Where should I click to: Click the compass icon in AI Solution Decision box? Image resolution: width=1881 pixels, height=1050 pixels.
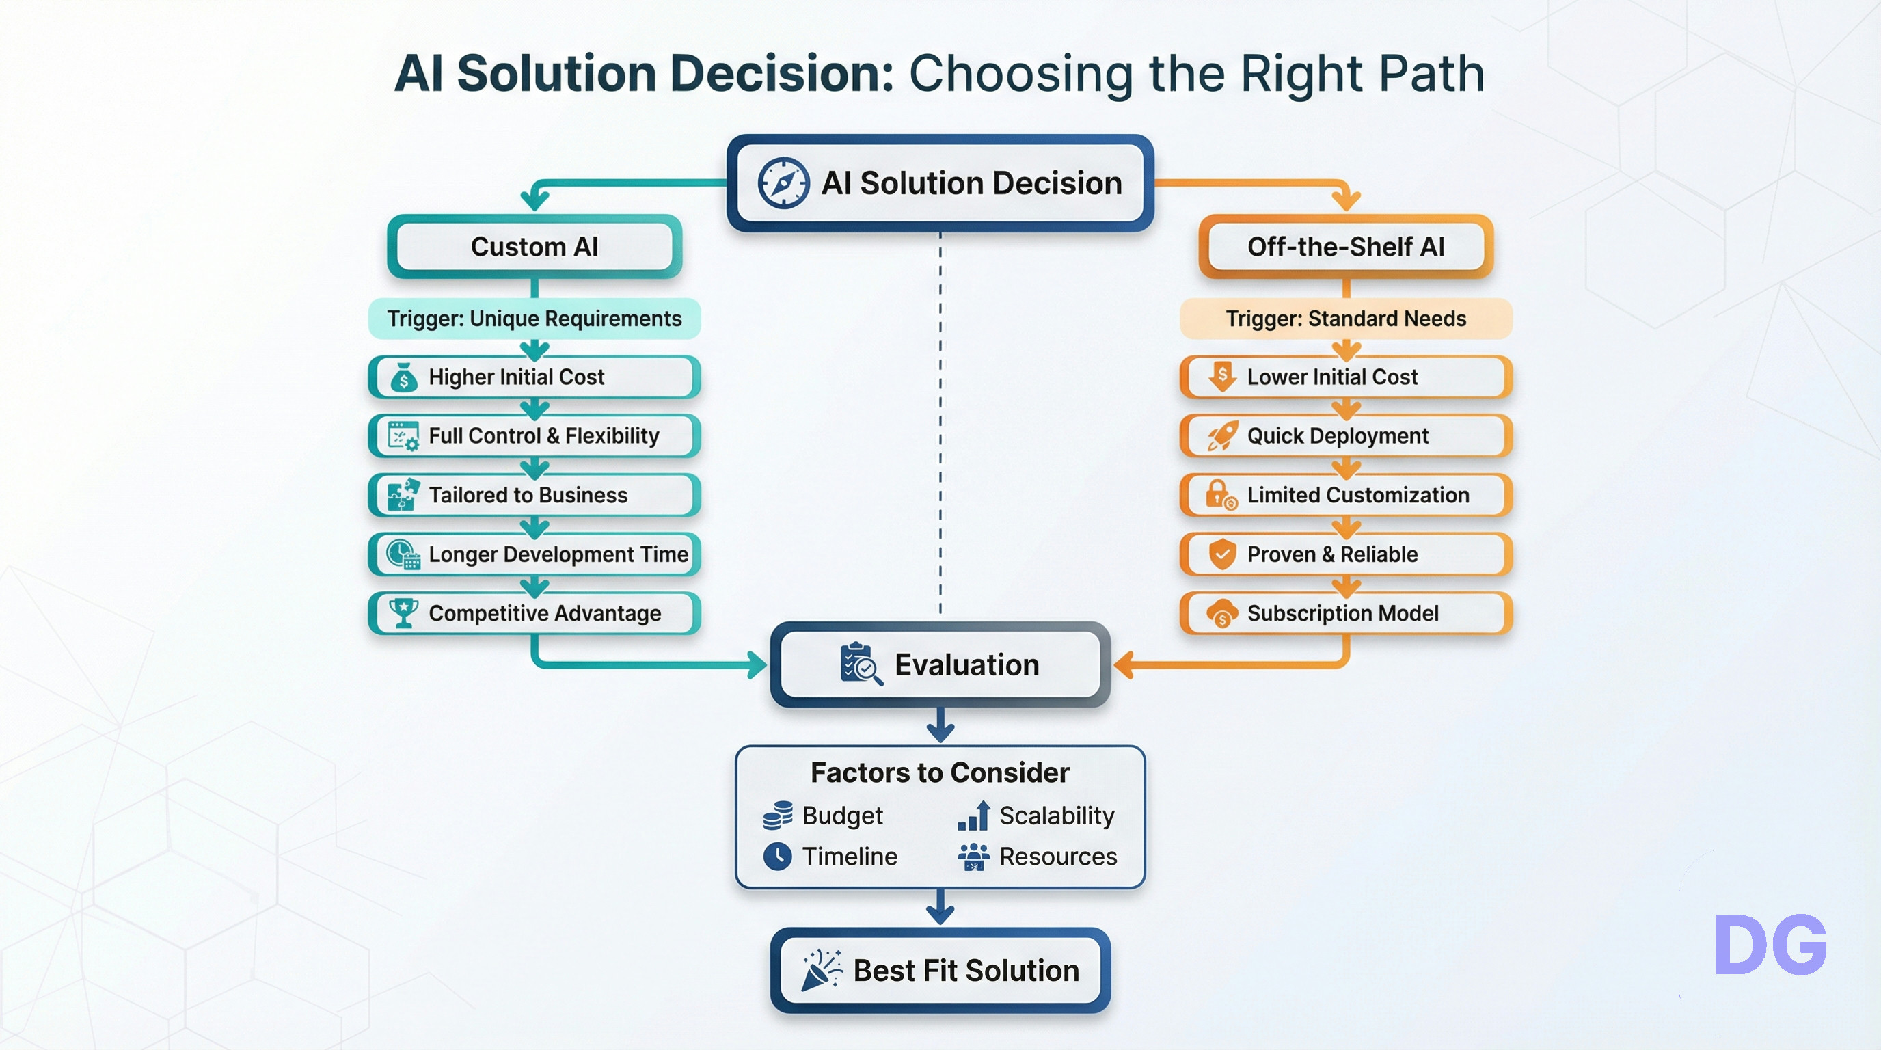pos(783,183)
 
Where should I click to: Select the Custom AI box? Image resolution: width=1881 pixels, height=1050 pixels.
pos(534,247)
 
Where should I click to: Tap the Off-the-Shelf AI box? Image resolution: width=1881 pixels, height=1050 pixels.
pos(1346,247)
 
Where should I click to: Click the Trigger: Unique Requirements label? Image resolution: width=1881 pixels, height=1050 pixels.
pos(534,319)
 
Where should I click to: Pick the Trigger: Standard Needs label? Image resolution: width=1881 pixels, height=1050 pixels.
pos(1346,319)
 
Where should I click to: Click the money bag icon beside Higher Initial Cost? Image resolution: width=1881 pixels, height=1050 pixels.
pos(404,377)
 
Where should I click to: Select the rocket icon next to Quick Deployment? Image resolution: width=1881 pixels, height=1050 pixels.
pos(1222,436)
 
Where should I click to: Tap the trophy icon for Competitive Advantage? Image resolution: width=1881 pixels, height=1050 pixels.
pos(403,612)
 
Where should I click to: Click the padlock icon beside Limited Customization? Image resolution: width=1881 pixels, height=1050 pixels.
pos(1220,495)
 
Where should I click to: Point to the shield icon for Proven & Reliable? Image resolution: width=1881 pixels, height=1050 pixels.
pos(1221,554)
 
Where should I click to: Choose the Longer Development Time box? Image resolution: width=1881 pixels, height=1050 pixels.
pos(534,554)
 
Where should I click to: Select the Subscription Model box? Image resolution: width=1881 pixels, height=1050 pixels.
pos(1346,613)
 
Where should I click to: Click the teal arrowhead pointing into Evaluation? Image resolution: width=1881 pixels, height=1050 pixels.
pos(758,664)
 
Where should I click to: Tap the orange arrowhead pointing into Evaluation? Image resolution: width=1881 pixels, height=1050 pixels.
pos(1123,664)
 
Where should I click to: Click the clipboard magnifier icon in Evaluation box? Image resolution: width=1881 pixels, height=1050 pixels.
pos(860,664)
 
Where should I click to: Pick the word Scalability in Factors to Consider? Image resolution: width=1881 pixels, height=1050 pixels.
pos(1057,816)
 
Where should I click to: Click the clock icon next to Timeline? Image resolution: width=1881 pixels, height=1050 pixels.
pos(778,856)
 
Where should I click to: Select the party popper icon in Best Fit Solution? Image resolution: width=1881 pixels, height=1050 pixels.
pos(821,971)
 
